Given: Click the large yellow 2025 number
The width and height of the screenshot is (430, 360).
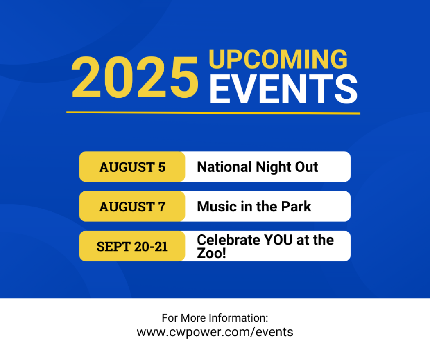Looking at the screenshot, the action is [135, 77].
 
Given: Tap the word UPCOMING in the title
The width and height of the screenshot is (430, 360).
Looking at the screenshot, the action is [278, 59].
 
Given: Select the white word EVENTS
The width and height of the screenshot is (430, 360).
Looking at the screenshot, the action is [283, 89].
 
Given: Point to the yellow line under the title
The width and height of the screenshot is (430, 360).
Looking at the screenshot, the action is [213, 112].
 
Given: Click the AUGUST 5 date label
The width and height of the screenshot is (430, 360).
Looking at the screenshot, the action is [132, 167].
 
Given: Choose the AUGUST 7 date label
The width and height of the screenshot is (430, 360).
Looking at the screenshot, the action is [132, 207].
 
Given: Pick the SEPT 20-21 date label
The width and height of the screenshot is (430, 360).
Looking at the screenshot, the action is [132, 247].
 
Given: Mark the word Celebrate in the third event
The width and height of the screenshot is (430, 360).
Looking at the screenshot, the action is [229, 240].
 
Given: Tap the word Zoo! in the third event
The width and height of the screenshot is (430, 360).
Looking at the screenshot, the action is [211, 253].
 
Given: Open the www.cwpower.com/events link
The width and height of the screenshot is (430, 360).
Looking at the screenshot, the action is [215, 332].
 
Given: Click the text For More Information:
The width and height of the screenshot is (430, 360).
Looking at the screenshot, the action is [215, 318].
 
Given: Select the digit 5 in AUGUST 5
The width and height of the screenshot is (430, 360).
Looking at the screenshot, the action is [162, 167].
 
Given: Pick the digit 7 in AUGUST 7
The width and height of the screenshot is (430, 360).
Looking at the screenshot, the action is [162, 207].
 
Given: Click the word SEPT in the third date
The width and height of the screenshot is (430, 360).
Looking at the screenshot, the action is [113, 247].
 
